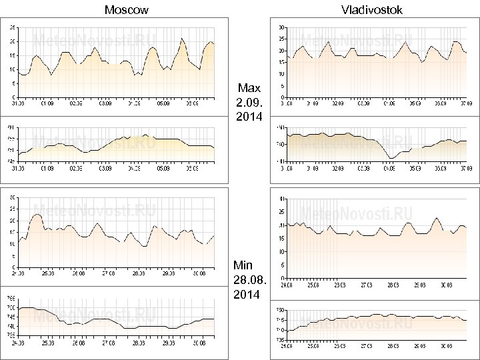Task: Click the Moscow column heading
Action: pyautogui.click(x=127, y=9)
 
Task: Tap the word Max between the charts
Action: pyautogui.click(x=249, y=88)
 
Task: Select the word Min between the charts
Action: pyautogui.click(x=243, y=265)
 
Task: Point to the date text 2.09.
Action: pyautogui.click(x=249, y=103)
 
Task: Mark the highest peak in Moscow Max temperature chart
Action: pyautogui.click(x=182, y=39)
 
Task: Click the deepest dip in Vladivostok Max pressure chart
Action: pyautogui.click(x=391, y=158)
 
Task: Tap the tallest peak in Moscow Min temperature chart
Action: pyautogui.click(x=37, y=214)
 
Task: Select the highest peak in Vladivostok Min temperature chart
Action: pyautogui.click(x=437, y=218)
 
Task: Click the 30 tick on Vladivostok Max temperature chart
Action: pyautogui.click(x=282, y=27)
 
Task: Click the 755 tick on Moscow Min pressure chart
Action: pyautogui.click(x=12, y=298)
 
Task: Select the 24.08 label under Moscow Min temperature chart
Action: pyautogui.click(x=18, y=273)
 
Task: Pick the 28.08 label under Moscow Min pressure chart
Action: pyautogui.click(x=139, y=343)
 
